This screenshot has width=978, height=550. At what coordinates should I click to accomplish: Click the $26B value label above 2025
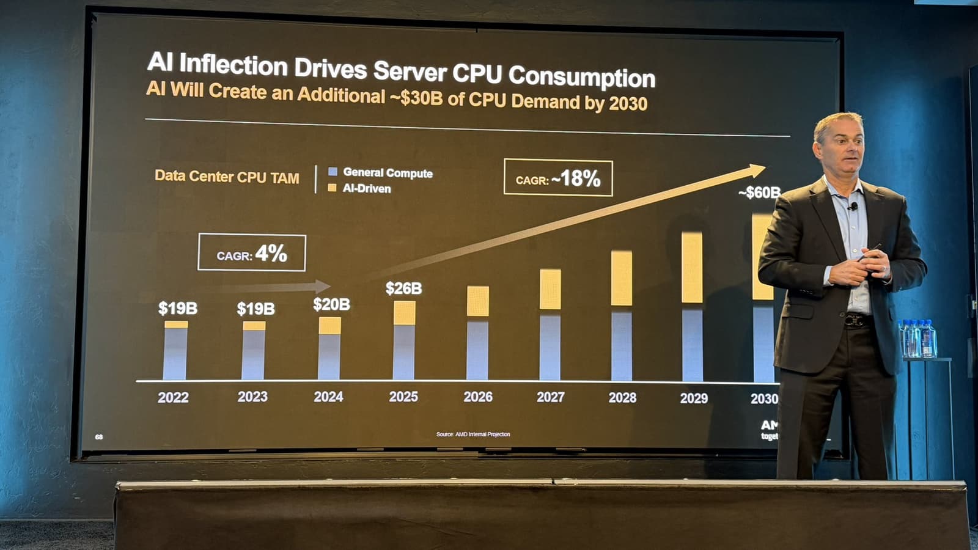click(x=403, y=288)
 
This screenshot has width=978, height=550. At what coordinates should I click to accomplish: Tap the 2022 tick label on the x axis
click(x=173, y=398)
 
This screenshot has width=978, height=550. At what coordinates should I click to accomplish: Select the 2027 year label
click(x=550, y=397)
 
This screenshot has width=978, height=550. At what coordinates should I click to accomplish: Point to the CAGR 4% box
click(x=252, y=253)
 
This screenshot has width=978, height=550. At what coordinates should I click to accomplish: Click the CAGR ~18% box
click(x=558, y=178)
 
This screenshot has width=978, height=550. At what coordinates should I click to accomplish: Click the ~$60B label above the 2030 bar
click(x=759, y=193)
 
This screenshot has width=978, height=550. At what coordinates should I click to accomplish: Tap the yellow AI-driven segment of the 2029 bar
click(x=692, y=268)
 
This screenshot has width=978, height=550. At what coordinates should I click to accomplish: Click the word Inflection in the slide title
click(x=233, y=65)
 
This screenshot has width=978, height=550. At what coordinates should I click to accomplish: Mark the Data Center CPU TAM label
click(x=227, y=177)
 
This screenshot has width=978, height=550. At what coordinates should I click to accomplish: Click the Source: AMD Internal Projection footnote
click(x=473, y=435)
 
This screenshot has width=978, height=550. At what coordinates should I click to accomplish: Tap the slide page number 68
click(x=99, y=437)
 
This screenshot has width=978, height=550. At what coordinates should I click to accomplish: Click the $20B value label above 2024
click(x=331, y=304)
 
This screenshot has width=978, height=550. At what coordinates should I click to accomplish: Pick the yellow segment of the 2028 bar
click(x=621, y=278)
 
